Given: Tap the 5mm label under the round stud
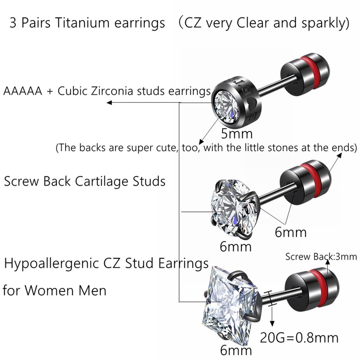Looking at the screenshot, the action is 237,133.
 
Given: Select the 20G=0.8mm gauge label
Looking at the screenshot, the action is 300,337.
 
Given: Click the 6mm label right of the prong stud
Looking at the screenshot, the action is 290,232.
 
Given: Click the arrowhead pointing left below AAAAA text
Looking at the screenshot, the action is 109,103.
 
